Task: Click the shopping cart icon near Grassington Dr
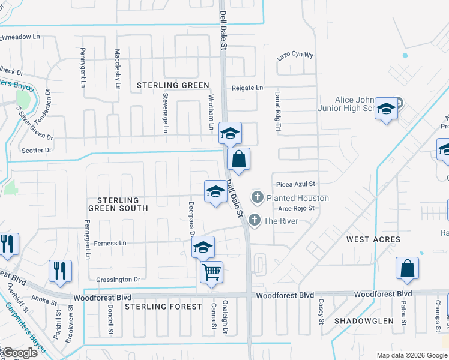tap(211, 272)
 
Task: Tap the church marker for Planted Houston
tap(258, 197)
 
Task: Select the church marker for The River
tap(255, 220)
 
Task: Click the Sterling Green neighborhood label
tap(173, 86)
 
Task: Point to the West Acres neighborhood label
tap(373, 239)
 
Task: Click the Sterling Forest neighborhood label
tap(163, 307)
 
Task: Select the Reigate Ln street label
tap(248, 88)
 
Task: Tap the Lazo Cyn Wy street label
tap(295, 55)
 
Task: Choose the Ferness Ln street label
tap(110, 243)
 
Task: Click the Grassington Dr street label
tap(118, 279)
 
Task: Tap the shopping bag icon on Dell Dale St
tap(238, 160)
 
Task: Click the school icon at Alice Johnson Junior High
tap(386, 109)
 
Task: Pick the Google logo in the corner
tap(19, 353)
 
